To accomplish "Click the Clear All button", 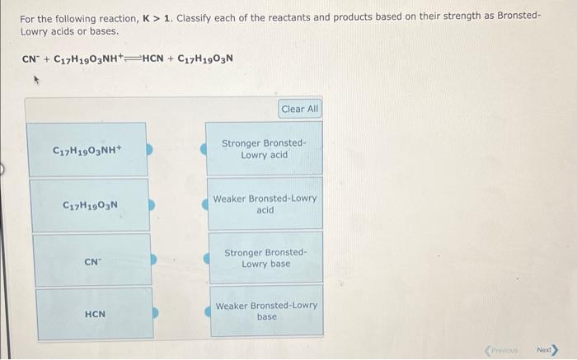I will (x=299, y=109).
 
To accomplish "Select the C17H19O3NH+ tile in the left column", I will (x=87, y=150).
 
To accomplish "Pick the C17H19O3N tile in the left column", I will (x=90, y=204).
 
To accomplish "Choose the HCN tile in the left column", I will (x=94, y=314).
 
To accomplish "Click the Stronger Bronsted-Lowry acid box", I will (x=264, y=149).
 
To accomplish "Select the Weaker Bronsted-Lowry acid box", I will (x=265, y=204).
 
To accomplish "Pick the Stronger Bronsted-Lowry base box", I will (x=265, y=259).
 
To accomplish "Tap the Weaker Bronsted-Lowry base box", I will (x=266, y=311).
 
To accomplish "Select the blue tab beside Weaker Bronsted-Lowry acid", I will (x=206, y=204).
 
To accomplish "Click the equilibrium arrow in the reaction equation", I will (x=133, y=58).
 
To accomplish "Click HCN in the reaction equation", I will (x=156, y=58).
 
